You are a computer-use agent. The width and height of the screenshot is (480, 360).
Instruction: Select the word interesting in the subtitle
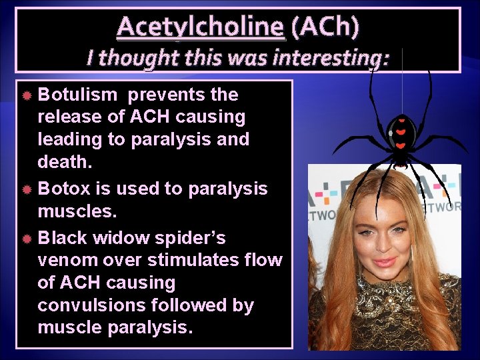[330, 58]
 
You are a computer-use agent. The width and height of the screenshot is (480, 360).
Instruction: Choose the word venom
[68, 260]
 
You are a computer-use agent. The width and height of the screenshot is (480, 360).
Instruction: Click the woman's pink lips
[385, 262]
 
